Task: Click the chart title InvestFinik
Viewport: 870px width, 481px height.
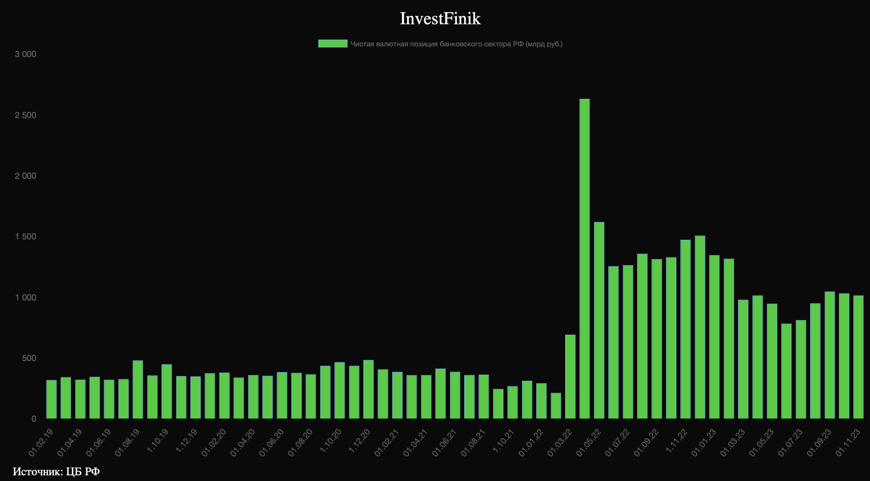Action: [x=440, y=19]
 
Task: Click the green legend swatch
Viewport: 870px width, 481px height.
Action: [x=333, y=44]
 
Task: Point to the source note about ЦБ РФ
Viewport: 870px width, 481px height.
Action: [x=56, y=471]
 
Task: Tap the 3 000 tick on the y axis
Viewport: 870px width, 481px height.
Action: [x=25, y=54]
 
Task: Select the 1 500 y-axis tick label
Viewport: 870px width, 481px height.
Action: [x=25, y=237]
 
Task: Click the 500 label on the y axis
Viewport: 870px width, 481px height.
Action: [x=29, y=358]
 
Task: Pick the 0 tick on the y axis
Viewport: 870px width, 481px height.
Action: [x=34, y=419]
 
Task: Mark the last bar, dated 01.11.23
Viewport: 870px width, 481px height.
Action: [x=858, y=357]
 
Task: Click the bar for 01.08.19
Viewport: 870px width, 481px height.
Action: [x=138, y=389]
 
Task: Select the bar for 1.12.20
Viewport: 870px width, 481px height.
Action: [x=368, y=389]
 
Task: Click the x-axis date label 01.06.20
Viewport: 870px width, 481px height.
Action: [x=272, y=443]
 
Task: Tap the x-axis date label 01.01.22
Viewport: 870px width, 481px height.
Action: [x=531, y=443]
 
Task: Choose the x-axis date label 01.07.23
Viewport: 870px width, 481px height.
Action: [x=790, y=443]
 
